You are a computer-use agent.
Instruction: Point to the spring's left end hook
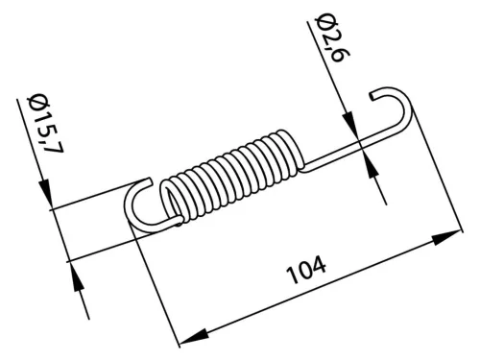click(139, 202)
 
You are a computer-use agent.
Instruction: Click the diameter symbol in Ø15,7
click(40, 101)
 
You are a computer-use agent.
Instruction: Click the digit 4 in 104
click(324, 262)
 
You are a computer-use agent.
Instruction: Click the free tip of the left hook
click(151, 180)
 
